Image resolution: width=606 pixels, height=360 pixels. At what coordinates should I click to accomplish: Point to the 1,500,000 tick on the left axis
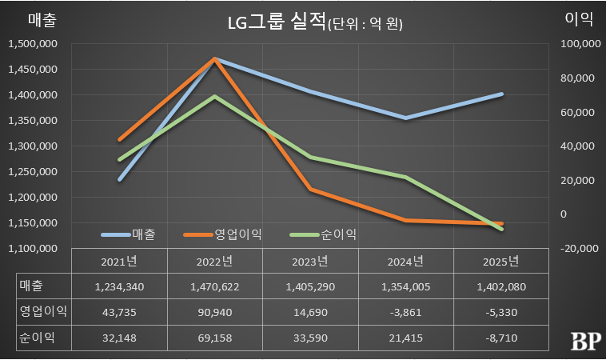(x=33, y=44)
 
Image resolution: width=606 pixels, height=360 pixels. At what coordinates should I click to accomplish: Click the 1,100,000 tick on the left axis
(x=33, y=249)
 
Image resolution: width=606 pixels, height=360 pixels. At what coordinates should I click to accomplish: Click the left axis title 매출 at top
(x=33, y=19)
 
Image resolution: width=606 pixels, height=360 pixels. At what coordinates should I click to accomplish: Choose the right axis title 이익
(x=577, y=19)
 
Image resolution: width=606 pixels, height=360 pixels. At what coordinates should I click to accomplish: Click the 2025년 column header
(x=501, y=262)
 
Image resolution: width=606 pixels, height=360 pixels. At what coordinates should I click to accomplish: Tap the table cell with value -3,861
(x=406, y=313)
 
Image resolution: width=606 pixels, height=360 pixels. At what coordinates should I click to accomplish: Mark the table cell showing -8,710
(x=501, y=339)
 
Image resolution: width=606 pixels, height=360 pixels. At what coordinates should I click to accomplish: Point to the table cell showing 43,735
(x=119, y=313)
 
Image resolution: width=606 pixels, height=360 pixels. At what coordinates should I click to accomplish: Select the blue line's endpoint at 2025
(x=502, y=94)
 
